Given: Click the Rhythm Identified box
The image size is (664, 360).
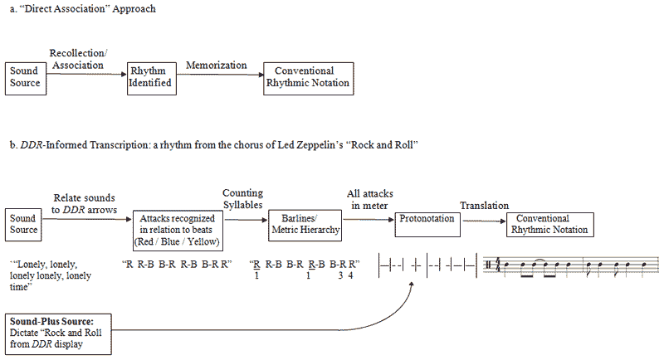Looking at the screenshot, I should [x=150, y=77].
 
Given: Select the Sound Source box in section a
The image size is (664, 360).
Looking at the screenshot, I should [x=25, y=77].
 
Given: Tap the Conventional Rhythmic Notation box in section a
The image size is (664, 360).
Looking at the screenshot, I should [x=309, y=77].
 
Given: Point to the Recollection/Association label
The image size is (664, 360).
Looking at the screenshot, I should [x=76, y=59].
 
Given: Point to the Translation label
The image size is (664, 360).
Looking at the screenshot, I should [x=484, y=206].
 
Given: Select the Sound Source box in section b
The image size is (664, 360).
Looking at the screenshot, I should [x=23, y=224].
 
